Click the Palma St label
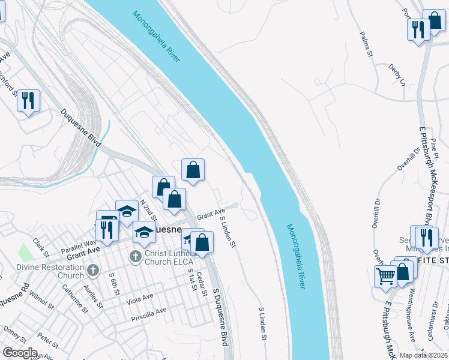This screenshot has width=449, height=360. pos(364,46)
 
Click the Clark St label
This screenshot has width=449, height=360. pos(40,247)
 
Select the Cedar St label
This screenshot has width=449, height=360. pos(200,277)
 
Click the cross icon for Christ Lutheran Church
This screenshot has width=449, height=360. pos(134,257)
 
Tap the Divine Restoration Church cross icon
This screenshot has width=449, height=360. pos(92,271)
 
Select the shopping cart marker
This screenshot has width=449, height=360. pos(385,277)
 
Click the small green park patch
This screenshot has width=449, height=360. pos(25,251)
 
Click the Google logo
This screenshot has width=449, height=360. pos(19,353)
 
